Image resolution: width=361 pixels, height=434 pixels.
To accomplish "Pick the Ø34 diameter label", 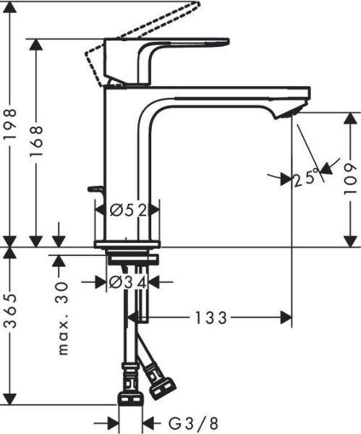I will (x=127, y=281).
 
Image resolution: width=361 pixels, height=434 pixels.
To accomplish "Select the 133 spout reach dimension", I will (x=211, y=317).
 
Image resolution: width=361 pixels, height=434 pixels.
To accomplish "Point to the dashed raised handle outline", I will (x=145, y=29).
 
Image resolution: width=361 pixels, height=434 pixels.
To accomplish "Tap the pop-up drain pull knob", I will (x=94, y=189).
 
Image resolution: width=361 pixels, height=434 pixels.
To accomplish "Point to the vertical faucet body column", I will (x=127, y=159).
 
